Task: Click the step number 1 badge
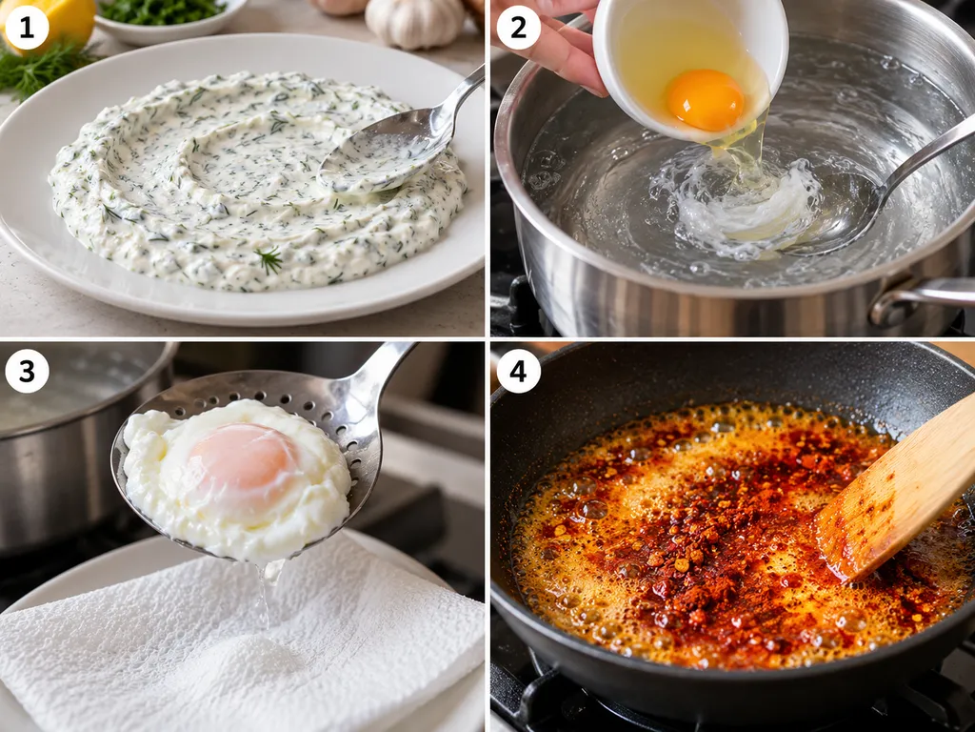[x=27, y=28]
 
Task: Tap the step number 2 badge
[x=518, y=28]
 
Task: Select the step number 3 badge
[x=27, y=371]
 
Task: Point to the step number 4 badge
[x=518, y=371]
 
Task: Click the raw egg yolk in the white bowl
[x=706, y=99]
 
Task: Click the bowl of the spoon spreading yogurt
[x=385, y=152]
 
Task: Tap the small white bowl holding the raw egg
[x=690, y=66]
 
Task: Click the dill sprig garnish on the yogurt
[x=269, y=259]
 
